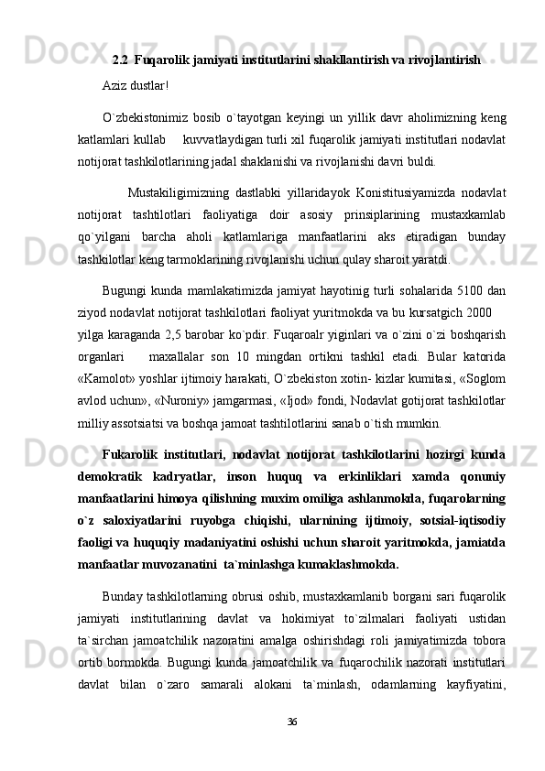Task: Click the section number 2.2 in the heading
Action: [120, 60]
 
